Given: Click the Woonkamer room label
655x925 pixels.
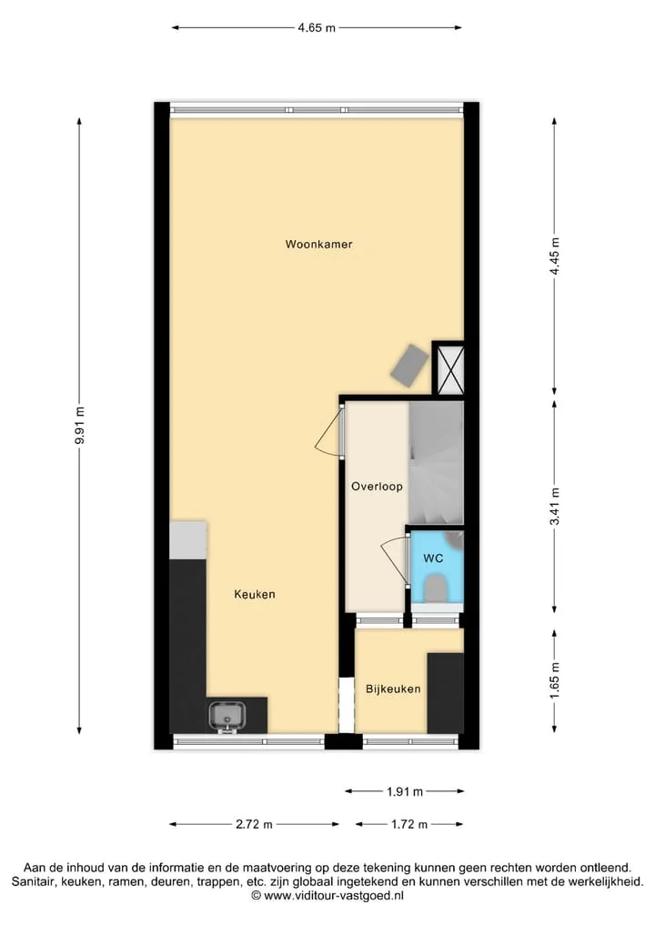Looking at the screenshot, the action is click(318, 245).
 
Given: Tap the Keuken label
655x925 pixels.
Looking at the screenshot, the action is click(255, 594).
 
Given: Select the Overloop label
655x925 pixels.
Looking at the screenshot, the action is click(377, 487).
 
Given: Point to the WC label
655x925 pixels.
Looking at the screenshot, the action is click(433, 558).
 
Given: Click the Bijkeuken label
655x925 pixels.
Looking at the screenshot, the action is click(393, 689).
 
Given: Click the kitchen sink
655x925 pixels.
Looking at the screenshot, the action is click(227, 716).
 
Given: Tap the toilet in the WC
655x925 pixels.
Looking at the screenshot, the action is click(436, 588).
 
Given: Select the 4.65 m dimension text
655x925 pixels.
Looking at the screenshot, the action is click(317, 27).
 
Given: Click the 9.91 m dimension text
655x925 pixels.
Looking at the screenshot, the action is click(80, 426).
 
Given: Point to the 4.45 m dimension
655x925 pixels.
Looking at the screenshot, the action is click(554, 256).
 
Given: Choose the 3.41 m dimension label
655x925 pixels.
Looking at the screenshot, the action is click(554, 507).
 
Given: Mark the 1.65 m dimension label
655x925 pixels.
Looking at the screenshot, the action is click(554, 680).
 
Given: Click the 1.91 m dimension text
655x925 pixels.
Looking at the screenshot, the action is click(405, 791).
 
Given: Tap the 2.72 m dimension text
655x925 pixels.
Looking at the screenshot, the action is click(255, 825).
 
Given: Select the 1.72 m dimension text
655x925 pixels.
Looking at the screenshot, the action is click(409, 825).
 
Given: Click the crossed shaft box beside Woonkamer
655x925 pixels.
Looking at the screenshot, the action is click(448, 368).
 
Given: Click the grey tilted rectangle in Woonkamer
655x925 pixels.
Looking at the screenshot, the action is click(409, 366).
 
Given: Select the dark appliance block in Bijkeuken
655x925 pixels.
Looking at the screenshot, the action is click(446, 693).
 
